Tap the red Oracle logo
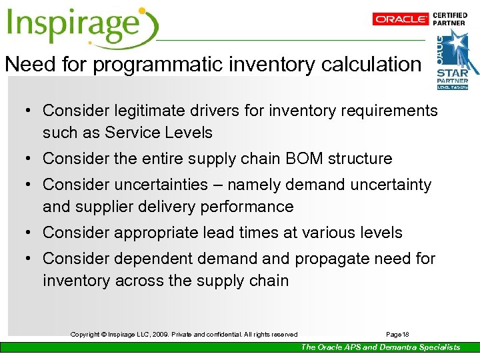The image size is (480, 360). tap(401, 19)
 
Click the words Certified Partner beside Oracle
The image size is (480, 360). tap(450, 19)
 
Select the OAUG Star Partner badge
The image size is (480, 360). tap(457, 60)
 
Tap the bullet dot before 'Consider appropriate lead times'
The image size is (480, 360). tap(31, 233)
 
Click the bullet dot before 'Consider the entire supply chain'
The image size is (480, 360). tap(31, 159)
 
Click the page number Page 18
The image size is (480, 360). tap(397, 334)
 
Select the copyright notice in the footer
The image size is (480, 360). tap(184, 334)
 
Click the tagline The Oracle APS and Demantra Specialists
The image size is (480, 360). tap(380, 347)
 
